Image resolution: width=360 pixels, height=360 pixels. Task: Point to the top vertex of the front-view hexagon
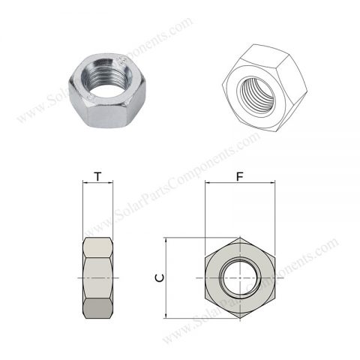click(239, 238)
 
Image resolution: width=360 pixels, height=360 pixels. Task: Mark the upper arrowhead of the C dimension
click(166, 241)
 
